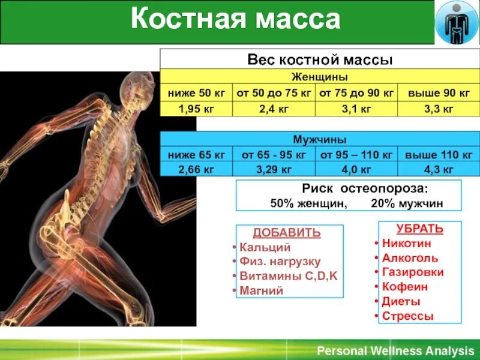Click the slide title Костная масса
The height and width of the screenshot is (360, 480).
[235, 20]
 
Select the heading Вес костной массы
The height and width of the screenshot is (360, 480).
[320, 60]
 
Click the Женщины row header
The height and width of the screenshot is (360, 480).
[320, 77]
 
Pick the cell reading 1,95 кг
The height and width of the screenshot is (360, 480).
[196, 109]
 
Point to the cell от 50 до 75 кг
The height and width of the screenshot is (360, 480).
[274, 93]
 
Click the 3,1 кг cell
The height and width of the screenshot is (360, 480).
[356, 109]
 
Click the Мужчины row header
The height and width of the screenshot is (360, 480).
[320, 140]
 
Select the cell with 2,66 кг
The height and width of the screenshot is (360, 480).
[196, 170]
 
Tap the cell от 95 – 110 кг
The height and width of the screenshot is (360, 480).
[356, 155]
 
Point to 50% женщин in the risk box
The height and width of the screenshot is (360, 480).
[308, 203]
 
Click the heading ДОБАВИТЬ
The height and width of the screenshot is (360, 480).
[287, 233]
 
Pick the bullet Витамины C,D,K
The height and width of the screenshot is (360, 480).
[289, 276]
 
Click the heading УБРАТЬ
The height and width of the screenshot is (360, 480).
[412, 229]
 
